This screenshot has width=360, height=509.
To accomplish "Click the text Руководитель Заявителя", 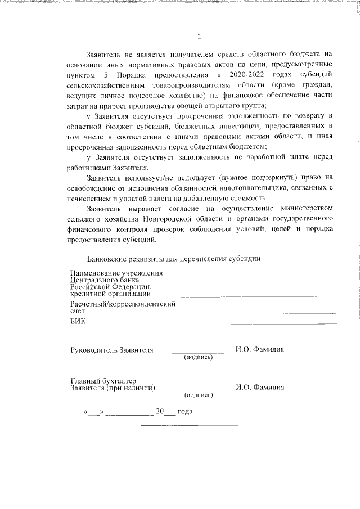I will click(x=111, y=349).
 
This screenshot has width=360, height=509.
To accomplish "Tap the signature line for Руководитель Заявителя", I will click(x=198, y=352).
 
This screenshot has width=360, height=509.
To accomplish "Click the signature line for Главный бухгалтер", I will click(x=198, y=390).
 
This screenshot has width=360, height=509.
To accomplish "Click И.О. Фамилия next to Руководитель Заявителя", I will click(x=260, y=349).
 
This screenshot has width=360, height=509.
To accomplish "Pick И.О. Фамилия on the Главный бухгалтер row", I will click(x=260, y=387).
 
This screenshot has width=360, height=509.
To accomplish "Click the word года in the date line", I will click(x=185, y=412).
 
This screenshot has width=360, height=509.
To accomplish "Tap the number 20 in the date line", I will click(x=160, y=412).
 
